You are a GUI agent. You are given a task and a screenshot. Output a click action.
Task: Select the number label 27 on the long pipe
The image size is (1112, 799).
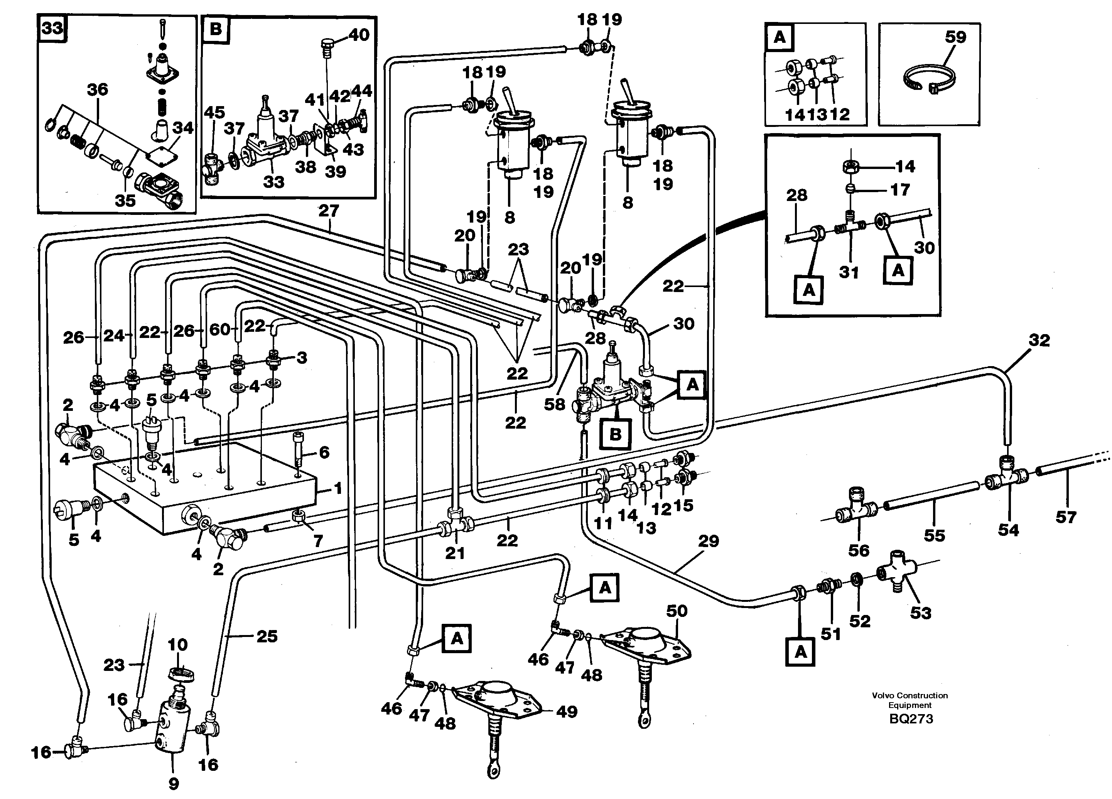(x=329, y=211)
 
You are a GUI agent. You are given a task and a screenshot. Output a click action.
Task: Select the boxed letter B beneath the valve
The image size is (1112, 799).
(x=615, y=434)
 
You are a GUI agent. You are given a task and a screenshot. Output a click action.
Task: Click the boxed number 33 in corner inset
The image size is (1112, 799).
(x=52, y=29)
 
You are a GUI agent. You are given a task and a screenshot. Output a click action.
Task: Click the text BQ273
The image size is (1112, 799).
(x=911, y=719)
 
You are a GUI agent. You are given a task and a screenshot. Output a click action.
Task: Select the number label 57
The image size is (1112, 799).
(x=1065, y=517)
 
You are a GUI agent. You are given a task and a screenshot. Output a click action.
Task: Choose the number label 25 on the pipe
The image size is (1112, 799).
(x=267, y=636)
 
